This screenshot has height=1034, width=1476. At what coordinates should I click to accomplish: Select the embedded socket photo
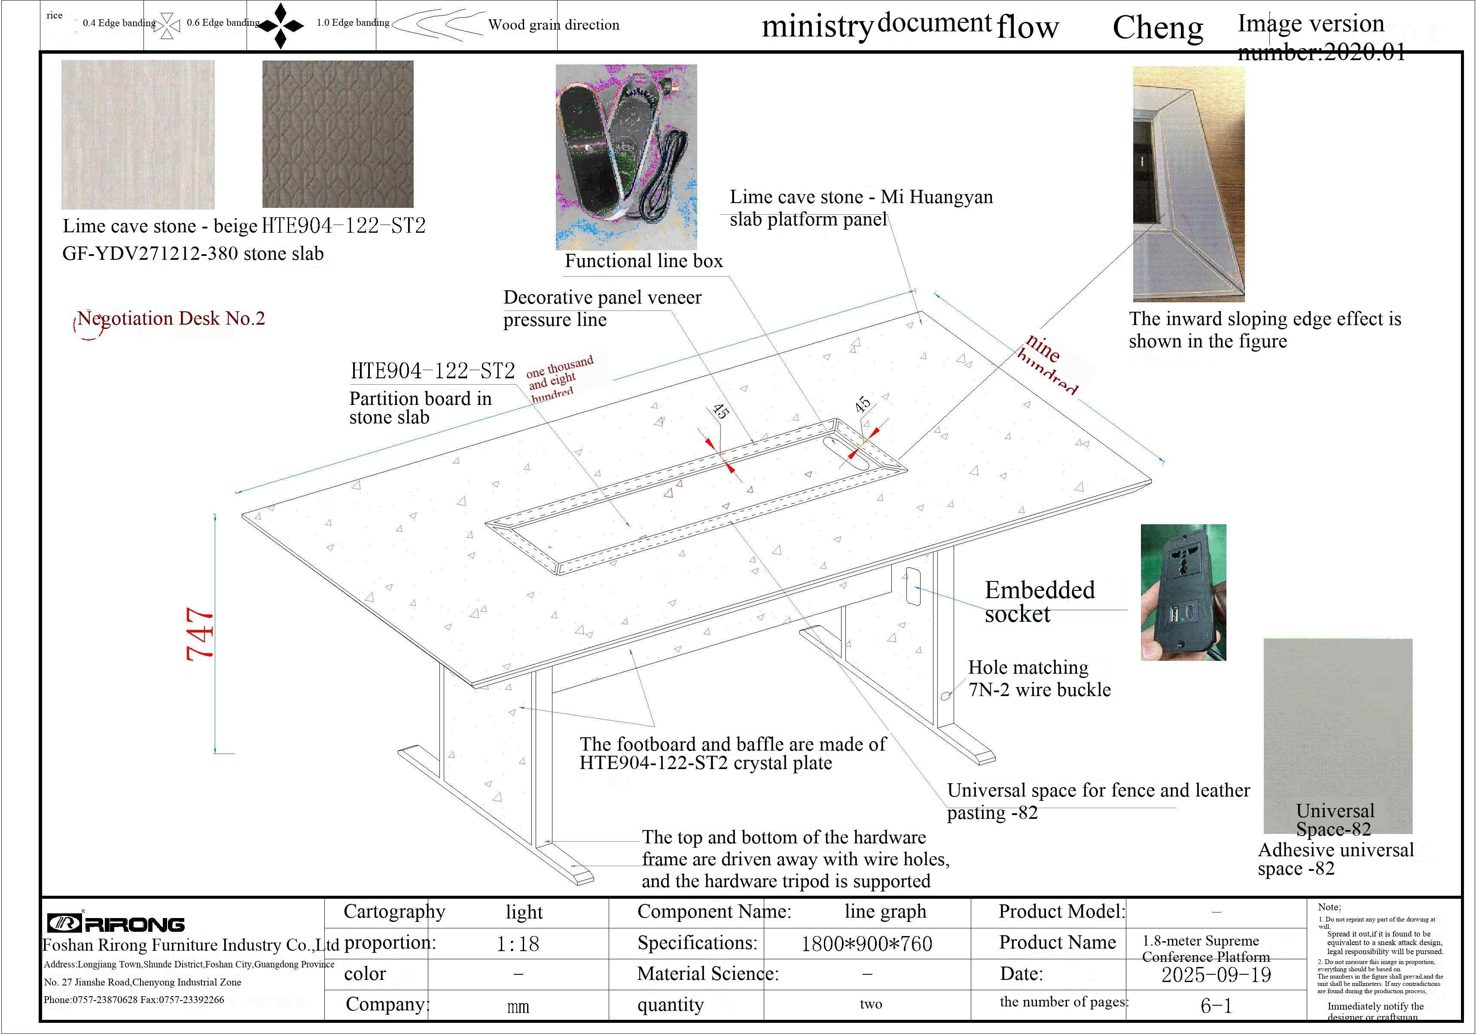(1183, 593)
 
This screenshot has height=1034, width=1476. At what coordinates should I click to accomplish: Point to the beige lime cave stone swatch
(137, 134)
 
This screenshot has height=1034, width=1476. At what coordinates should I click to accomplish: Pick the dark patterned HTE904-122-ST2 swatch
(338, 134)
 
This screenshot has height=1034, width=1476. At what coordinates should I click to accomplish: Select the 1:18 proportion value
(518, 943)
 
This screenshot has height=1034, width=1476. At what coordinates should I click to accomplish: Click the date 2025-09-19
(1216, 975)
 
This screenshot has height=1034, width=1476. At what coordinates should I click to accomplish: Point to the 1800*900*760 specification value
(866, 943)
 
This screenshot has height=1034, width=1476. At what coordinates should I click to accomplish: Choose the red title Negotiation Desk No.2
(171, 319)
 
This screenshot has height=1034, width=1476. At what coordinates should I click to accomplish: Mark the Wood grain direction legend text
(553, 25)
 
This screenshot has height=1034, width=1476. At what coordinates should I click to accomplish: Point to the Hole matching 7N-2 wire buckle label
(1039, 678)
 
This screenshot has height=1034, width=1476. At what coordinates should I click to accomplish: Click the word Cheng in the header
(1157, 27)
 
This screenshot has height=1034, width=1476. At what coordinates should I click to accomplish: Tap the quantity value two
(870, 1004)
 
